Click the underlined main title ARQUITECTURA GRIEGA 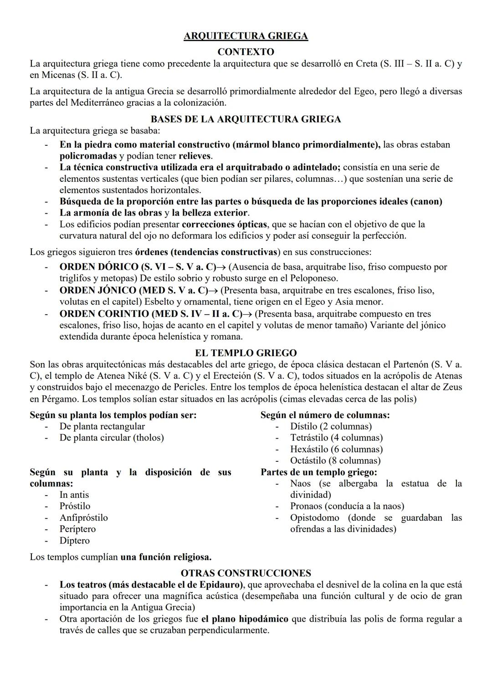point(246,36)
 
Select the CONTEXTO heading point(246,52)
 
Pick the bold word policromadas point(88,156)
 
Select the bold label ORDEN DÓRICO point(98,267)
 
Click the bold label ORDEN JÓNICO point(97,290)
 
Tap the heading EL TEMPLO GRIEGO point(246,353)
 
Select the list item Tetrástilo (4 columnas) point(336,438)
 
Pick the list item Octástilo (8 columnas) point(335,461)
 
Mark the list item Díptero point(74,541)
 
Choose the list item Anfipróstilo point(83,518)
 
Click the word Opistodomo point(315,518)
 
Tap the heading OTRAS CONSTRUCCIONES point(246,573)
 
